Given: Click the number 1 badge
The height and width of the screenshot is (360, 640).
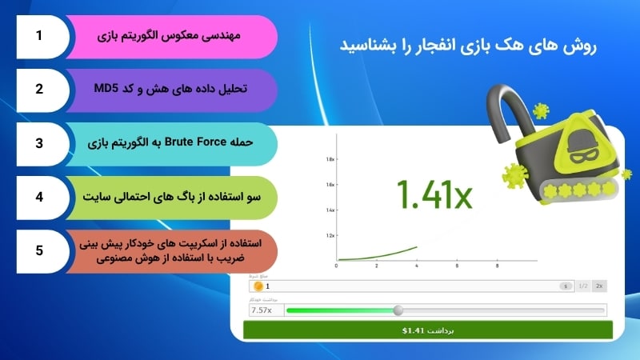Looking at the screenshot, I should [x=38, y=37].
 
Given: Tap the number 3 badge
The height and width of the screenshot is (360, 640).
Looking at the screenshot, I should [x=38, y=144].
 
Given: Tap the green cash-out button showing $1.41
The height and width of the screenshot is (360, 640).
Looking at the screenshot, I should [x=427, y=329].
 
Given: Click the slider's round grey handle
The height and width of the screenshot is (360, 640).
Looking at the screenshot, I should [x=398, y=310].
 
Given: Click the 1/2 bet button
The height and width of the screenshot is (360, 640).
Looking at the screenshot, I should [x=582, y=285].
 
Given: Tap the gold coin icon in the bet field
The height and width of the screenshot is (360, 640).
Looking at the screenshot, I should [x=258, y=286].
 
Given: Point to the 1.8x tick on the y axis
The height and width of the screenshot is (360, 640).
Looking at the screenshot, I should [x=330, y=159].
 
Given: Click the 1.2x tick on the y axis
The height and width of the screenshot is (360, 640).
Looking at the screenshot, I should [x=330, y=236].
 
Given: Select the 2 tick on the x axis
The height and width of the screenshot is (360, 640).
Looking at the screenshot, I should [x=377, y=266].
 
